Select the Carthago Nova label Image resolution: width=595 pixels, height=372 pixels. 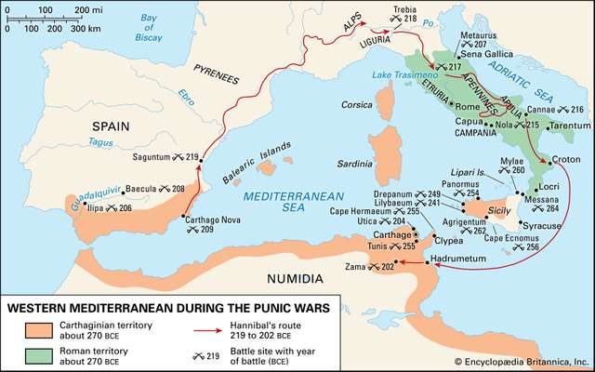click(194, 219)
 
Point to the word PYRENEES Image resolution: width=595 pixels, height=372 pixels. click(217, 69)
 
